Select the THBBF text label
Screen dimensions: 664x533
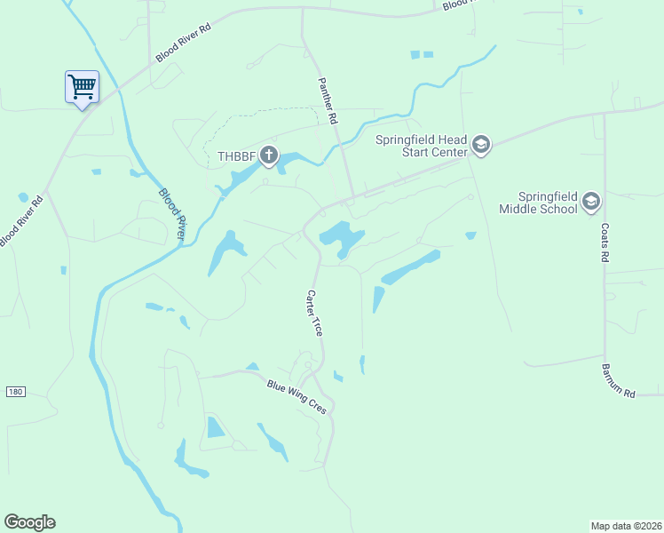pyautogui.click(x=235, y=157)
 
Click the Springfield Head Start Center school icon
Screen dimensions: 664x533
pyautogui.click(x=480, y=145)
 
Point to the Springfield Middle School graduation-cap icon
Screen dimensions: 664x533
pyautogui.click(x=591, y=203)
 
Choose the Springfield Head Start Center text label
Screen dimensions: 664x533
pyautogui.click(x=421, y=146)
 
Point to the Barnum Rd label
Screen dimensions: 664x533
pyautogui.click(x=618, y=379)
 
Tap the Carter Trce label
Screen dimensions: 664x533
pyautogui.click(x=313, y=312)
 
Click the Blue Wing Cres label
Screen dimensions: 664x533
pyautogui.click(x=297, y=396)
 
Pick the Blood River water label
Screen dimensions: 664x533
pyautogui.click(x=172, y=213)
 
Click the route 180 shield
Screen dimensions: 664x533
pyautogui.click(x=14, y=391)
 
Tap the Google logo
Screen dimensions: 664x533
pyautogui.click(x=29, y=522)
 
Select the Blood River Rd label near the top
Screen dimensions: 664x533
pyautogui.click(x=183, y=42)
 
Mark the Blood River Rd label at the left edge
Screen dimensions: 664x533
pyautogui.click(x=20, y=221)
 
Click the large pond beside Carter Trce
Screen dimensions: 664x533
pyautogui.click(x=340, y=235)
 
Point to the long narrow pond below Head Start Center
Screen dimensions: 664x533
pyautogui.click(x=410, y=267)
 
